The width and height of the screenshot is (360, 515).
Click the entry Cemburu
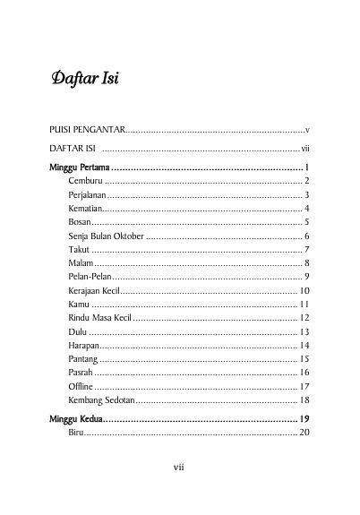[x=84, y=181]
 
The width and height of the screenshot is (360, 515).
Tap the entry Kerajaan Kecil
[x=93, y=290]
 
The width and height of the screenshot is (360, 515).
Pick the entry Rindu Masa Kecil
[x=98, y=318]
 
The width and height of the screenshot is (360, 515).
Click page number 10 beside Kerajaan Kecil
[x=304, y=290]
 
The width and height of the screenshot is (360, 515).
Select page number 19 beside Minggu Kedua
[x=304, y=419]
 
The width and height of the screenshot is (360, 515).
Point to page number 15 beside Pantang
[x=304, y=359]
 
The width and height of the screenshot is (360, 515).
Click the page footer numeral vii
[x=179, y=466]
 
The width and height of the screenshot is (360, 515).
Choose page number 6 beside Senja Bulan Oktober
[x=306, y=236]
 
